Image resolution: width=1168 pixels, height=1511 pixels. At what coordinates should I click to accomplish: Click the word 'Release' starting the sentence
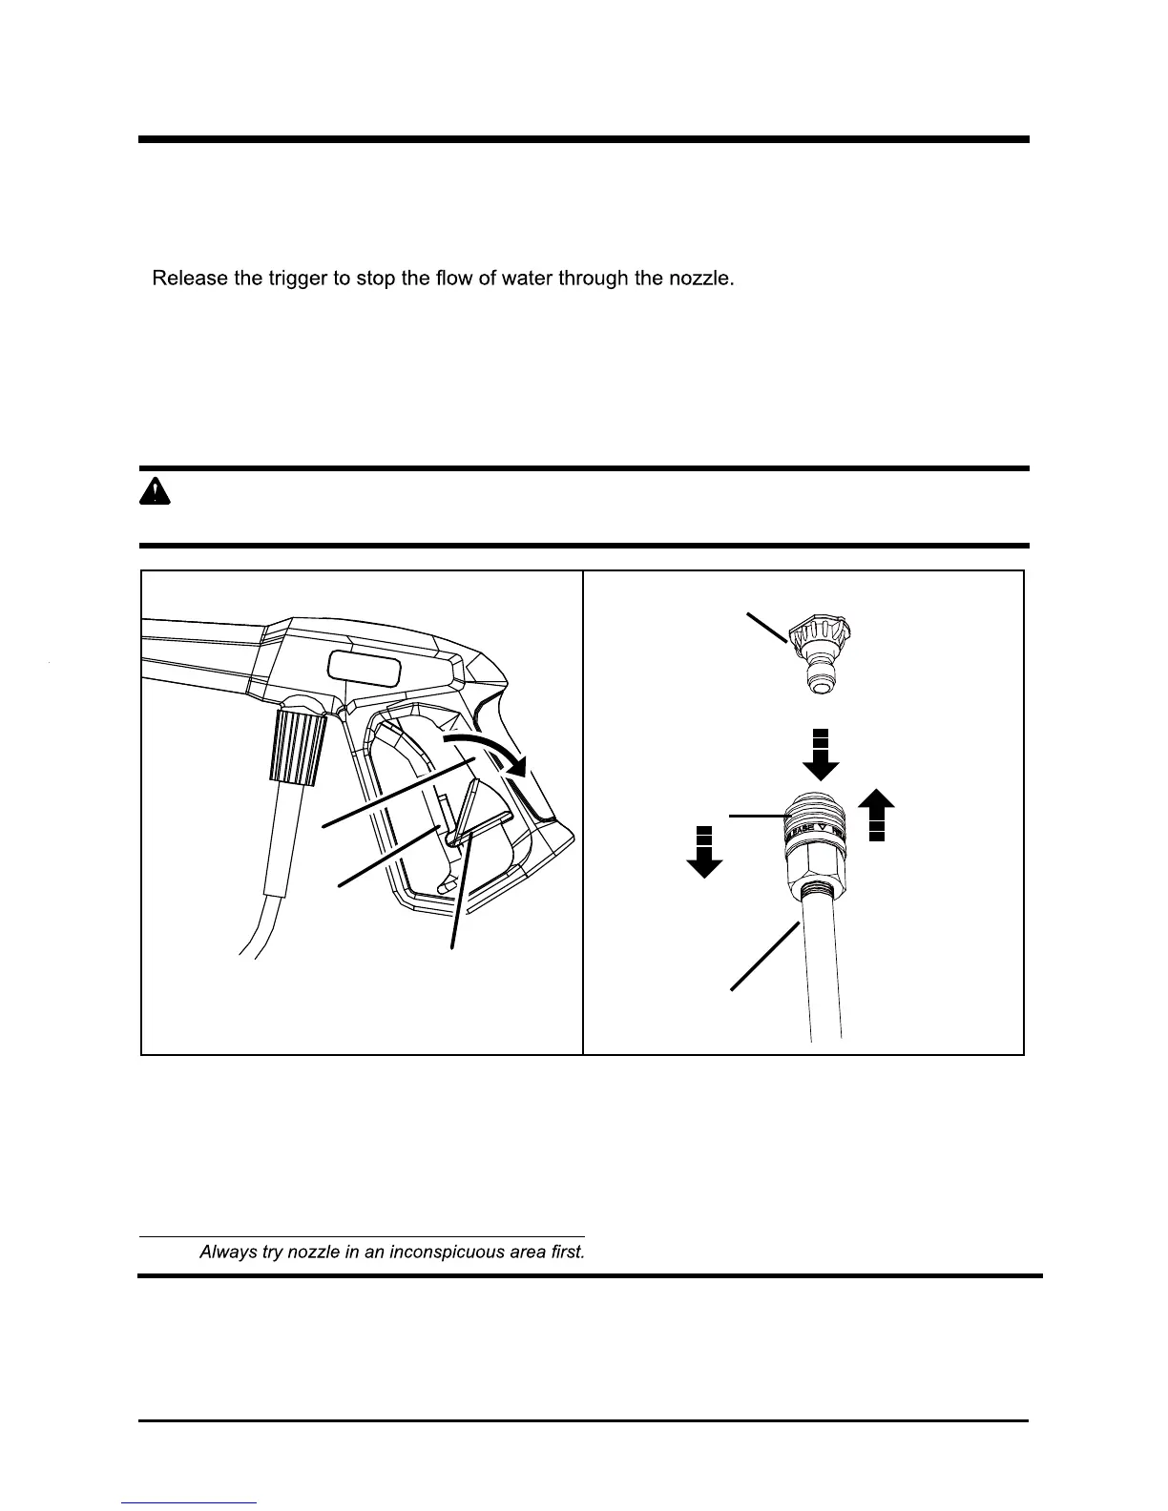point(189,279)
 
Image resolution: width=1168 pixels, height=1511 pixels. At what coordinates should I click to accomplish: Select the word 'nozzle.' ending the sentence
point(701,279)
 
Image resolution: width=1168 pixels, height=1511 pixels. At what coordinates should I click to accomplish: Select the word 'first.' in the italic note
point(563,1252)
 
